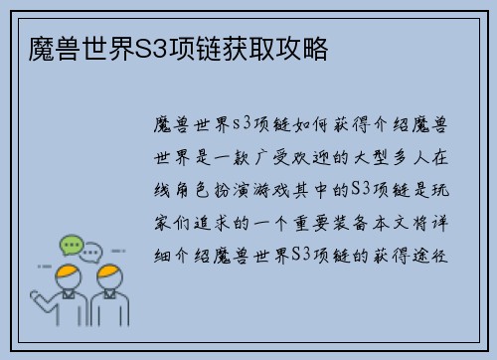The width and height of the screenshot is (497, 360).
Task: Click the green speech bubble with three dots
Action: [x=71, y=245]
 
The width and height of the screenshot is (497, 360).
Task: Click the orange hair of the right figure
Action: [x=108, y=273]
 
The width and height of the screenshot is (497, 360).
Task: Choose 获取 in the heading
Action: [x=261, y=48]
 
